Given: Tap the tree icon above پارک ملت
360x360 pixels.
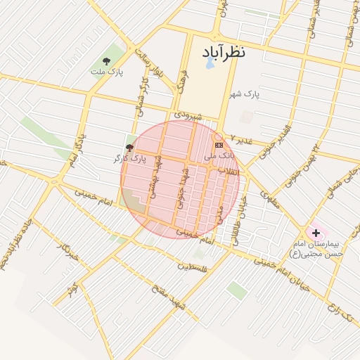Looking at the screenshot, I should (x=106, y=61).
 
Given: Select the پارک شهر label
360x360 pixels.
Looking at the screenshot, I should (x=247, y=94).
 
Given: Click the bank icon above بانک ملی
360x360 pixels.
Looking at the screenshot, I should (x=218, y=144).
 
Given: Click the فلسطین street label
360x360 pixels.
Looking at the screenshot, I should (x=193, y=267).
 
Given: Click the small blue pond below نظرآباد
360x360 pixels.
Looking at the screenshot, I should (x=210, y=64).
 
